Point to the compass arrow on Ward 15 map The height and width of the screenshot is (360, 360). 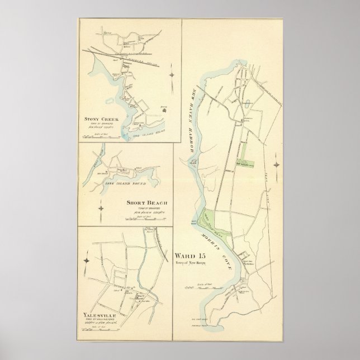[277, 165]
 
